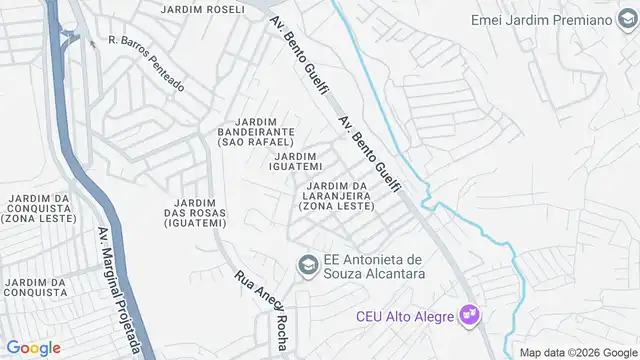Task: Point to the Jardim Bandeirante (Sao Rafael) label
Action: [255, 137]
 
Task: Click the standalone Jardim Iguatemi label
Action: [298, 162]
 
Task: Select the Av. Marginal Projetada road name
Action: [118, 290]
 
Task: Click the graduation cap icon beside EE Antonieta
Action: [307, 264]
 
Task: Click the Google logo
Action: [33, 347]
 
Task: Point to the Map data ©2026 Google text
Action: [577, 352]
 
